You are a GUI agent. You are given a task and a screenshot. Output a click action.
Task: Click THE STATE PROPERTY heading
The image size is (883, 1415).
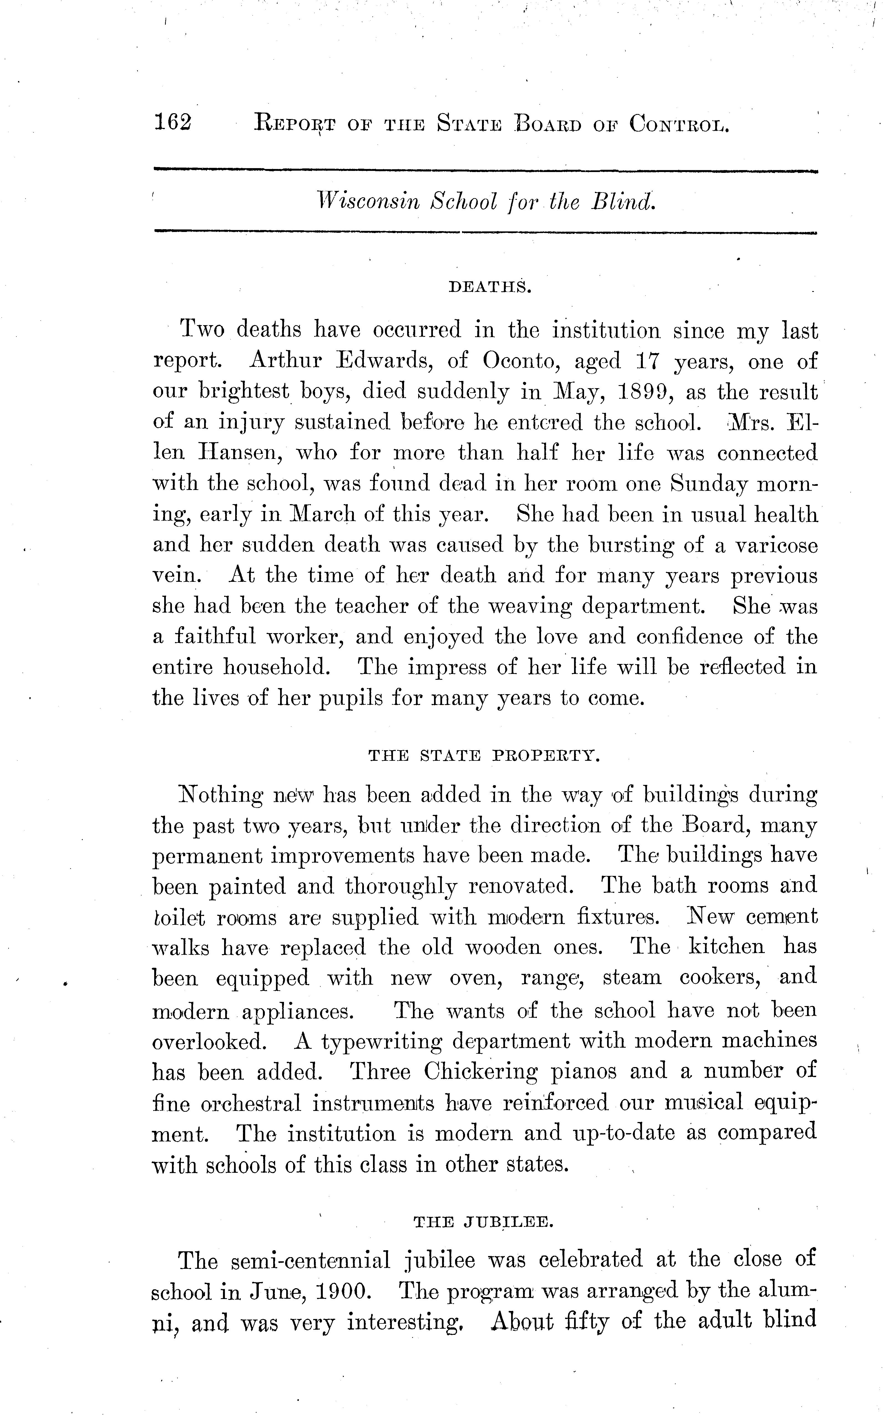(x=484, y=755)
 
